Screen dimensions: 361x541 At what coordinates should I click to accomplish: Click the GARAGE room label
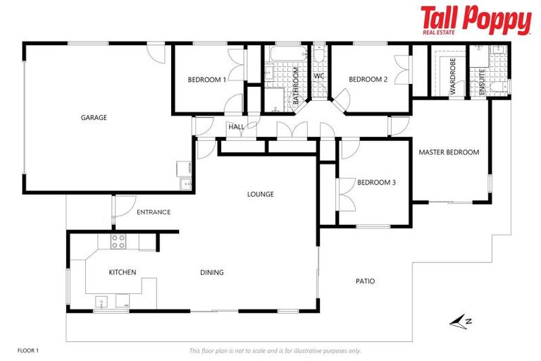94,118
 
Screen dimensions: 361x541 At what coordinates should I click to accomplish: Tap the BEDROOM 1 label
206,80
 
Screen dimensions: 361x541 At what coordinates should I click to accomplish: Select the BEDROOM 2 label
368,79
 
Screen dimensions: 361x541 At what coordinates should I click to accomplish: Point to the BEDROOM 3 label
376,182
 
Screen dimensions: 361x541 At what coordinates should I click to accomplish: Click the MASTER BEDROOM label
449,152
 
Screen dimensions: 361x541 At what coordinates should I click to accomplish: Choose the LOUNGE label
260,194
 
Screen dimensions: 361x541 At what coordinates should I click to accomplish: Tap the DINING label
211,272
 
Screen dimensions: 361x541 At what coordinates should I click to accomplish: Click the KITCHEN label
122,272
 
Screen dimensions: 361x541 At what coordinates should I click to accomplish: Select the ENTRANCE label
154,212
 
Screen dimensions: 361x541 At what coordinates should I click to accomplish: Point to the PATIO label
365,281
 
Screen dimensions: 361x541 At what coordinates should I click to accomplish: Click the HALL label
236,127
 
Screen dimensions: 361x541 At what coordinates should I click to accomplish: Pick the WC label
318,76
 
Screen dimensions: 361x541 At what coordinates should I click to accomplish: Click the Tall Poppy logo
475,20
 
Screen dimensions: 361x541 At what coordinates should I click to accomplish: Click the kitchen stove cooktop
118,241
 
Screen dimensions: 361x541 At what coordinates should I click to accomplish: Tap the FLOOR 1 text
28,350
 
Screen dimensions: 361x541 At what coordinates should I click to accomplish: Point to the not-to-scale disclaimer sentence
275,350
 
